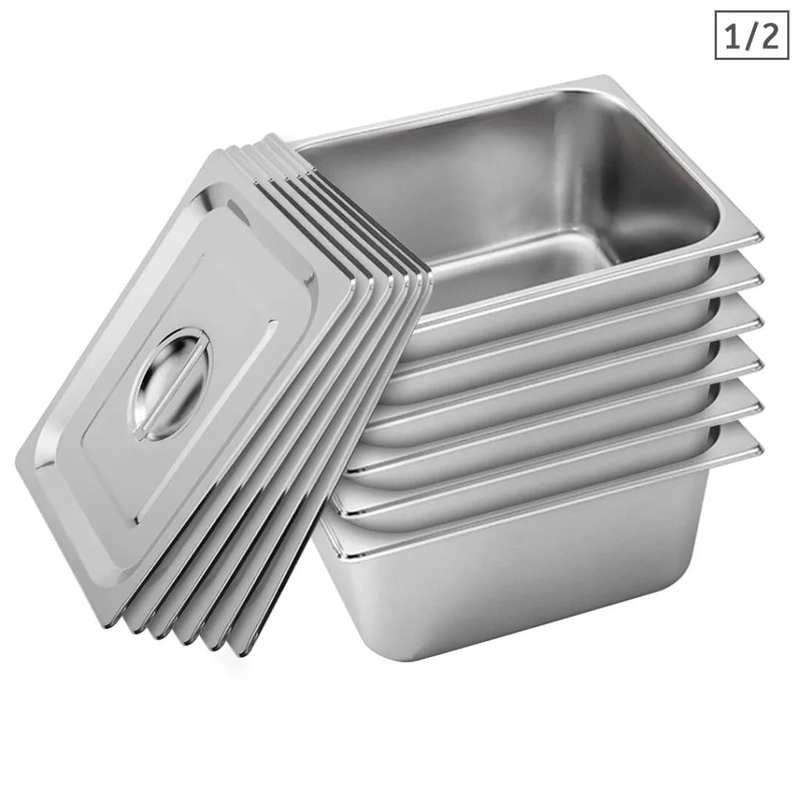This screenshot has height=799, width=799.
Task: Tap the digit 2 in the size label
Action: (769, 37)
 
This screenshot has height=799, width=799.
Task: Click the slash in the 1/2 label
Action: (751, 37)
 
